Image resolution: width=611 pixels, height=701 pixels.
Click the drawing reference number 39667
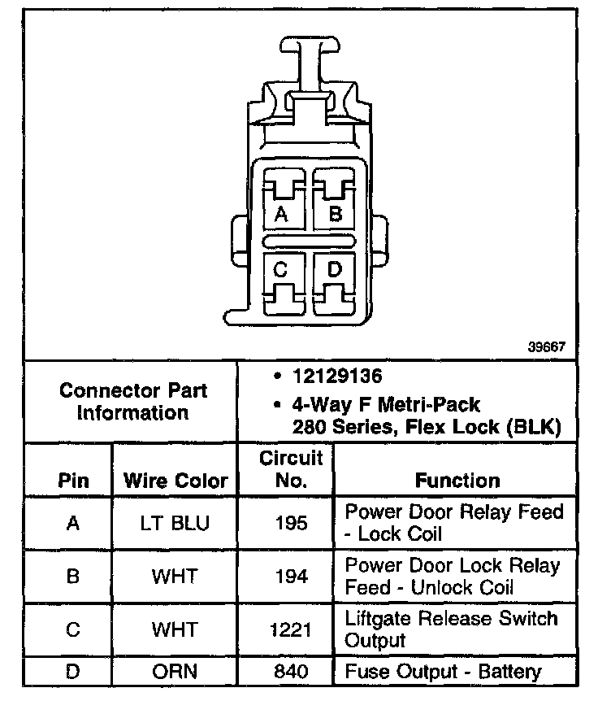click(547, 347)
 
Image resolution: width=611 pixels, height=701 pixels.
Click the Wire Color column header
click(175, 480)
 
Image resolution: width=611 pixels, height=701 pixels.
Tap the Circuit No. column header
click(291, 469)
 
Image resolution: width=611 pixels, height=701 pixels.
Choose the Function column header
click(457, 480)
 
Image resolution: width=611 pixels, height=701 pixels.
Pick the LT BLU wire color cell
click(175, 523)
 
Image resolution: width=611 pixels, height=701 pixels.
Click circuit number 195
click(291, 523)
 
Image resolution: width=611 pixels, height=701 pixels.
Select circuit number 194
click(291, 577)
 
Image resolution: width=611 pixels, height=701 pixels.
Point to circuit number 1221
click(291, 629)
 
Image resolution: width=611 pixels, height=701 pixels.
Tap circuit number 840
click(291, 673)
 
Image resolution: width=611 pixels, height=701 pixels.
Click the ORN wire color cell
click(175, 673)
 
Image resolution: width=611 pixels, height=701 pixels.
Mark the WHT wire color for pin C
click(175, 629)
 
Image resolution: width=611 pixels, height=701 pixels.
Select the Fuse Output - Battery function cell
click(443, 673)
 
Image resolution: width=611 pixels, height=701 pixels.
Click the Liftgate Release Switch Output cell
click(452, 629)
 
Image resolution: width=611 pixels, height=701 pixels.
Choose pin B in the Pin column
click(73, 577)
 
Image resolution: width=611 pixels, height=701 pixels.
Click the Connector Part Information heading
click(133, 401)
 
